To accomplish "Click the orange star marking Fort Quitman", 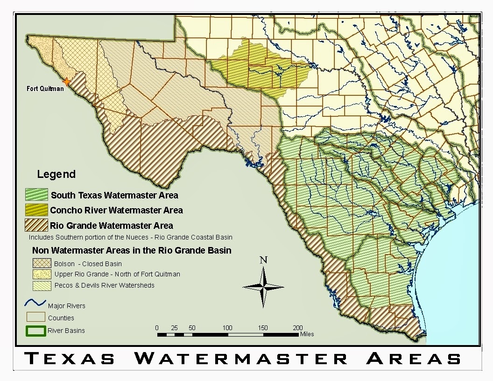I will [x=67, y=82].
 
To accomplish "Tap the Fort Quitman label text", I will [x=45, y=89].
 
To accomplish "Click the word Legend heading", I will [x=56, y=175].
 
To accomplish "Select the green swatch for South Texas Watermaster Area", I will [x=37, y=195].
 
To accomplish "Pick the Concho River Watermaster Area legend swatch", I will [x=37, y=210].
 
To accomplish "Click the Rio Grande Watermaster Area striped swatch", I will [x=37, y=225].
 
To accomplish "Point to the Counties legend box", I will [x=35, y=317].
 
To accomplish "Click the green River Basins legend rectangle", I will [x=35, y=331].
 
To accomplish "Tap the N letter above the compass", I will [x=263, y=260].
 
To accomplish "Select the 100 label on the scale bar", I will [x=227, y=328].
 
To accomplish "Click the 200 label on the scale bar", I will [x=297, y=328].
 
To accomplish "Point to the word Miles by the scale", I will [x=307, y=334].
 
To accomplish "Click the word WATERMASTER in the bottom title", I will [x=241, y=359].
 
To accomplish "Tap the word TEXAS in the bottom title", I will [x=70, y=359].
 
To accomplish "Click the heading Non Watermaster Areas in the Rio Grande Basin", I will [x=131, y=250].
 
